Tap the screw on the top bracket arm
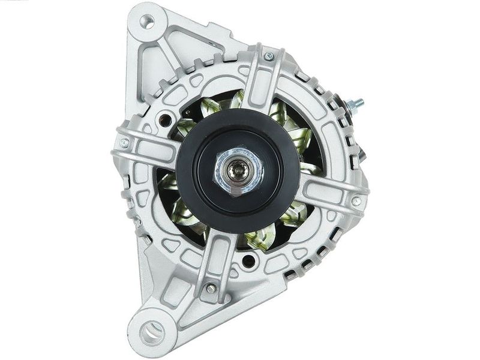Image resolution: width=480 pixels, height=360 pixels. click(x=268, y=57)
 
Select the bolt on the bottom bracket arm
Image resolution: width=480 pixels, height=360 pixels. click(x=210, y=288)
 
